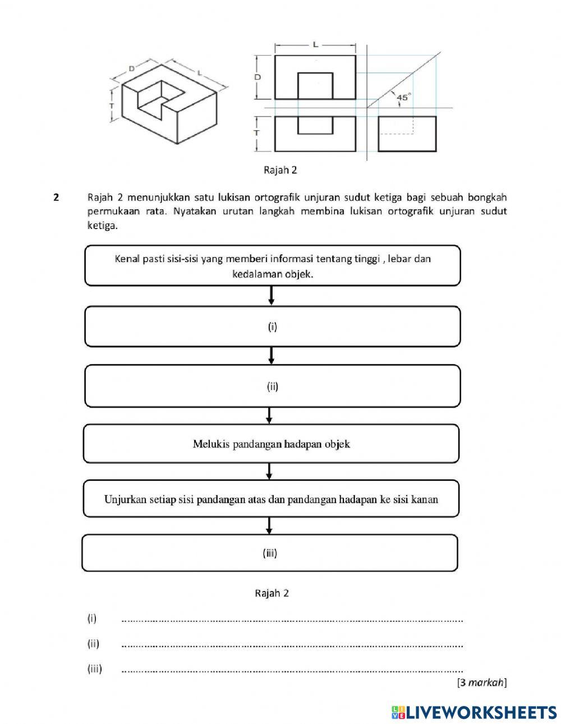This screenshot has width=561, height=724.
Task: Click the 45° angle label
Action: click(x=403, y=97)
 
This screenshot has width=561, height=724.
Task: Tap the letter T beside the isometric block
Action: click(x=112, y=105)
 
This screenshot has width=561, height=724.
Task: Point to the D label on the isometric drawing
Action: click(x=131, y=68)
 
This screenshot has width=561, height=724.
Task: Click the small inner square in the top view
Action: click(x=315, y=85)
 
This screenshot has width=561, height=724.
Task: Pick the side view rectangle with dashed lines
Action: click(x=407, y=133)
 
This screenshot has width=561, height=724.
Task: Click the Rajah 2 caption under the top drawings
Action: click(x=280, y=169)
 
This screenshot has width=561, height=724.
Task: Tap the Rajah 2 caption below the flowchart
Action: click(x=272, y=593)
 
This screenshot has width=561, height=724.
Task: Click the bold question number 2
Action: click(x=56, y=197)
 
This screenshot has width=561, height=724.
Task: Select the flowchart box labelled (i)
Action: click(x=272, y=326)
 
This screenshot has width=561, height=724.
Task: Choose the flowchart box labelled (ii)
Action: click(x=272, y=386)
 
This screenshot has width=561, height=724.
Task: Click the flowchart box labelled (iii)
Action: click(x=270, y=553)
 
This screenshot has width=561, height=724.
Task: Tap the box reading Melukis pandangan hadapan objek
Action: click(x=271, y=443)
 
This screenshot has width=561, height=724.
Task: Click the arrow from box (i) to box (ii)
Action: click(x=272, y=355)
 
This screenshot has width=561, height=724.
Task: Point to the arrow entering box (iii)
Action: click(x=269, y=525)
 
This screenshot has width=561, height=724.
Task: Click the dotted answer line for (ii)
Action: click(x=292, y=645)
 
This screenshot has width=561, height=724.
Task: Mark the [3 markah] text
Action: click(x=481, y=682)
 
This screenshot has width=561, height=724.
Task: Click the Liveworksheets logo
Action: click(x=474, y=712)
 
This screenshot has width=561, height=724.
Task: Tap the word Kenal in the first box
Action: click(x=126, y=259)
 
